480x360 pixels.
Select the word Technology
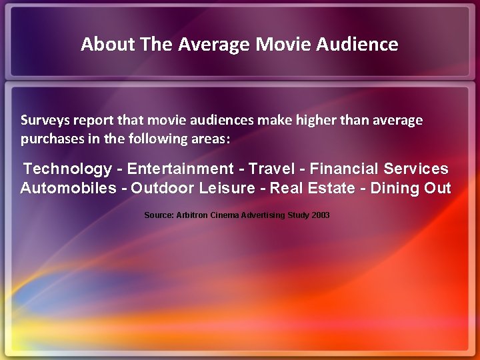pos(67,169)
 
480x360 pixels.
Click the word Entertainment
pos(181,169)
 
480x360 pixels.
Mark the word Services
pos(416,169)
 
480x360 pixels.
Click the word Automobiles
pos(68,188)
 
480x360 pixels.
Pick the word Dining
pos(394,188)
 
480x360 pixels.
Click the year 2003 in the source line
pos(319,215)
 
